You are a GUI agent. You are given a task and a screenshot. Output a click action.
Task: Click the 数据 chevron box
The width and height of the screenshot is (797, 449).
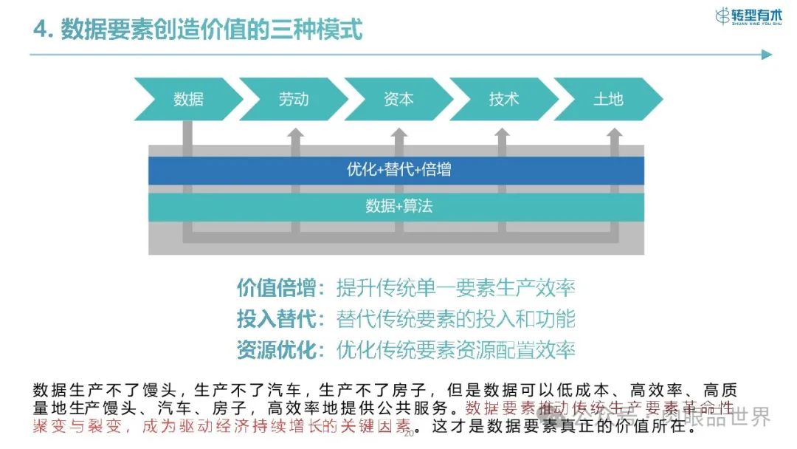[x=188, y=99]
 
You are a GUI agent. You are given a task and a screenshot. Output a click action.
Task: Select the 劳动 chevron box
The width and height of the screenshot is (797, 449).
[x=294, y=99]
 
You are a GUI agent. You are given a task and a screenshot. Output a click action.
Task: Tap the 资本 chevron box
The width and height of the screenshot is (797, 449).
[x=398, y=99]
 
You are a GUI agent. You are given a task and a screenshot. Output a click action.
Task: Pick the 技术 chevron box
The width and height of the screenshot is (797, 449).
[x=504, y=99]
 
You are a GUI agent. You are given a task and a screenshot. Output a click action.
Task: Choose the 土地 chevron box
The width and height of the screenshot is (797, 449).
[x=608, y=99]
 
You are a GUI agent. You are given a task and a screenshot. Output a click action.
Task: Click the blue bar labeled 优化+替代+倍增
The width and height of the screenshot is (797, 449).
[x=397, y=170]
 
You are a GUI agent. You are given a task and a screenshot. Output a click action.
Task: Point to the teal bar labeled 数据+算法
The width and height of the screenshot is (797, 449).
[x=397, y=206]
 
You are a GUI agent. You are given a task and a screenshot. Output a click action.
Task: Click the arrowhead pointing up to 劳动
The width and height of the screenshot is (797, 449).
[x=294, y=134]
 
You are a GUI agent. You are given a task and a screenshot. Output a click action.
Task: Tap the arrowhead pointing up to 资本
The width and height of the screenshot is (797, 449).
[x=399, y=134]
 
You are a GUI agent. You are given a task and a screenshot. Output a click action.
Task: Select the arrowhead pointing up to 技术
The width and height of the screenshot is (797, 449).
[x=503, y=134]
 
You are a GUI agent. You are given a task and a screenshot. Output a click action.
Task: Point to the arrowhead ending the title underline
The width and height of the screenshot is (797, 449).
[x=766, y=55]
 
